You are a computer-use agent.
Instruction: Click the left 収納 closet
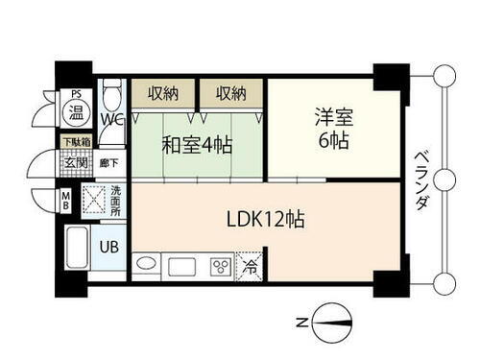[162, 94]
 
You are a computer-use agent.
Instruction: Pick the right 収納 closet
[230, 94]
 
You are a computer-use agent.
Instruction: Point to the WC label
[113, 119]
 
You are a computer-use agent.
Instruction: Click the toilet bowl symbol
[112, 95]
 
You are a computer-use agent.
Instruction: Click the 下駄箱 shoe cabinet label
[77, 142]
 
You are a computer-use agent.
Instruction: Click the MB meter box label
[66, 202]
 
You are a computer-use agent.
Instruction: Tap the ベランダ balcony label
[420, 181]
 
